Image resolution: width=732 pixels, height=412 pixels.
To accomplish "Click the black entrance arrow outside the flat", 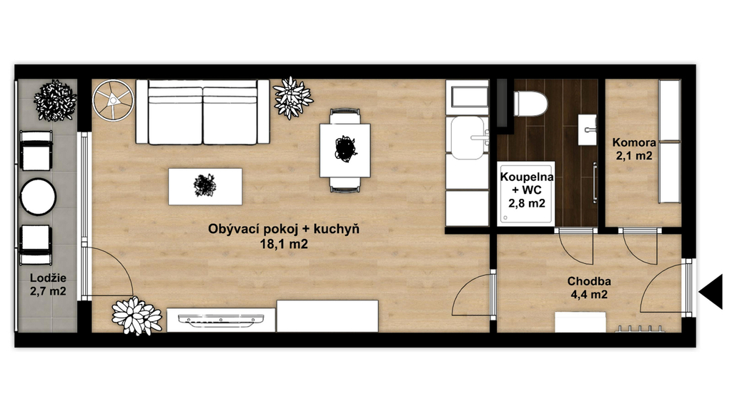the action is coord(712,292).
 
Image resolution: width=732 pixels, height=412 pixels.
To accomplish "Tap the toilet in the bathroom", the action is coord(530,104).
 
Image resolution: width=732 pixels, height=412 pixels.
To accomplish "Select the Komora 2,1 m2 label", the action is coord(634,149).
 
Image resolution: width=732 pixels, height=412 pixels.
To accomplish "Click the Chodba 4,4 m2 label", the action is coord(589,288).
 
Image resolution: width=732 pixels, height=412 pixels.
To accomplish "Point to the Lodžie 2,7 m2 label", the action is coord(48,285).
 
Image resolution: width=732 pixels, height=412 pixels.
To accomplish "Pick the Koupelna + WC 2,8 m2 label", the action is coord(527,190).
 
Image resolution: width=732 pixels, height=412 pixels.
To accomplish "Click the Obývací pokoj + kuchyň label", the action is coord(283,230).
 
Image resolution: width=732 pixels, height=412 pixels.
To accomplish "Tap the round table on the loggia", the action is coord(38,197).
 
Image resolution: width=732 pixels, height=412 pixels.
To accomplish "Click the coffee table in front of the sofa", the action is coord(205,187).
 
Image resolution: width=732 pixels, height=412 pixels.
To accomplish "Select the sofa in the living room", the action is coord(202,112).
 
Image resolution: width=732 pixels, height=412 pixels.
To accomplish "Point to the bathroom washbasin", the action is coord(588,129).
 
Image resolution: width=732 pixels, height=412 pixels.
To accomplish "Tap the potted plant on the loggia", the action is coord(55,101).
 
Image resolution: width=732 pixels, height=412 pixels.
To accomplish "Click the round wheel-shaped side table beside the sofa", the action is coord(114,100).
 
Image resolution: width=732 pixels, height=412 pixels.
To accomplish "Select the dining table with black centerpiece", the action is coord(345,150).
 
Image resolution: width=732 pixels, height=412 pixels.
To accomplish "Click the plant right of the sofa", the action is coord(292,97).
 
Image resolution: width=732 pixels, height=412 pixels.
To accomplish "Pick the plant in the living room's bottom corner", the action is coord(137,315).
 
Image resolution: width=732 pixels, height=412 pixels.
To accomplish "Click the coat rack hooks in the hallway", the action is coord(640,329).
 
